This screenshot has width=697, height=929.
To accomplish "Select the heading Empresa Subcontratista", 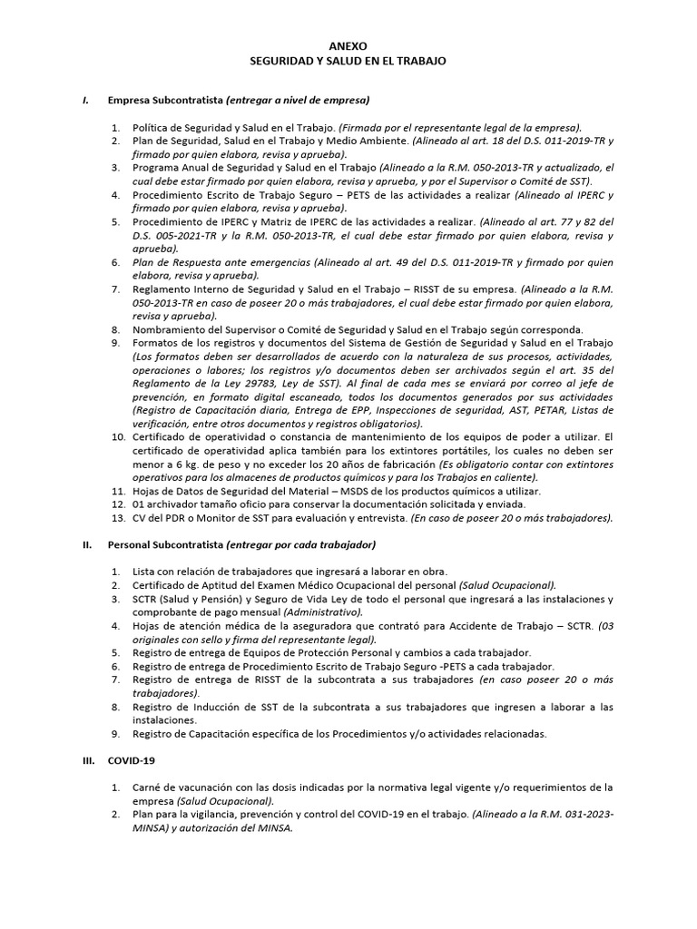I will click(x=165, y=100).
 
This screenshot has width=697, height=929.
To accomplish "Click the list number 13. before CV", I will click(x=118, y=518).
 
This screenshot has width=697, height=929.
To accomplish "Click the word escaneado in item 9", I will click(x=348, y=396).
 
